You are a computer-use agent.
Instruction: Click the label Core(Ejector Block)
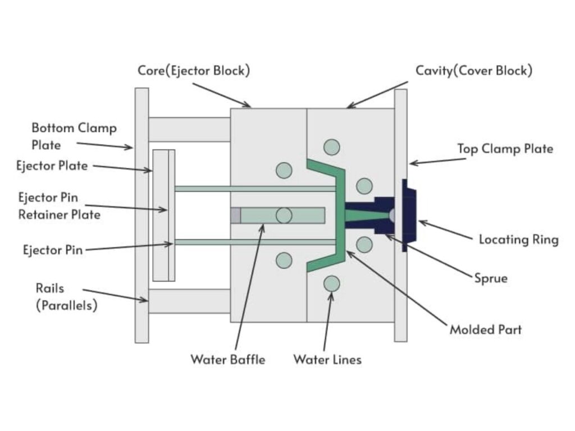[x=194, y=71]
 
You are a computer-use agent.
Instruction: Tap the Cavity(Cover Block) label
[x=474, y=71]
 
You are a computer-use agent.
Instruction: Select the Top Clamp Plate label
[x=505, y=149]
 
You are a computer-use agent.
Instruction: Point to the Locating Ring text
[x=518, y=240]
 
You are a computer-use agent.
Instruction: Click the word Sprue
[x=490, y=278]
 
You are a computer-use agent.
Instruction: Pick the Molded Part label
[x=485, y=329]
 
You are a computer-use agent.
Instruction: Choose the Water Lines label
[x=327, y=359]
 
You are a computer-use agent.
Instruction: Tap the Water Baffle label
[x=227, y=359]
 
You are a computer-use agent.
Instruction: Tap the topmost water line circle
[x=332, y=147]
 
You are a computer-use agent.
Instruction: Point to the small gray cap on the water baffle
[x=236, y=215]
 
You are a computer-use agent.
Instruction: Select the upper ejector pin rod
[x=253, y=189]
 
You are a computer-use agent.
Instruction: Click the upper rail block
[x=189, y=130]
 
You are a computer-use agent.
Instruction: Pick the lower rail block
[x=189, y=301]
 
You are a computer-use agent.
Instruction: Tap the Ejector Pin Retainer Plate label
[x=60, y=206]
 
